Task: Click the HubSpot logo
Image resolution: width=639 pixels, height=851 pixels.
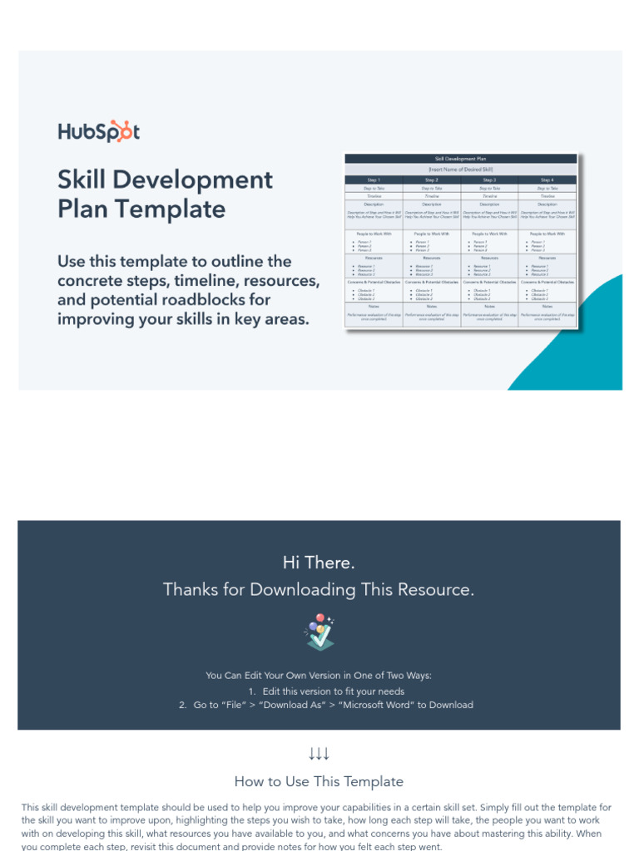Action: [98, 131]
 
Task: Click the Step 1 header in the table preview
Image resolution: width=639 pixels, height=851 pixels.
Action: [374, 180]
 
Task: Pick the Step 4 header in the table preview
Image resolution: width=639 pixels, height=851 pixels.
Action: [547, 180]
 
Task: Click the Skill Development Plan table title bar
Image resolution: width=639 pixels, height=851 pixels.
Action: [460, 158]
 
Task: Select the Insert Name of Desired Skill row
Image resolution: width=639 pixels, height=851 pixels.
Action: [460, 169]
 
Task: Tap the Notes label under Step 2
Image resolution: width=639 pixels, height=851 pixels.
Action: [431, 306]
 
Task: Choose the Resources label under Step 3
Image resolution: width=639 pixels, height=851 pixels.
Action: [489, 258]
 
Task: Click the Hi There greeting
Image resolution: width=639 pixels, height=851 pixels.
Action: [319, 563]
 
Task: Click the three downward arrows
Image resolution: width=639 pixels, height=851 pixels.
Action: [319, 754]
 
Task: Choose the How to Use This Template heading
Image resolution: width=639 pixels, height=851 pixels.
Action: [319, 781]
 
